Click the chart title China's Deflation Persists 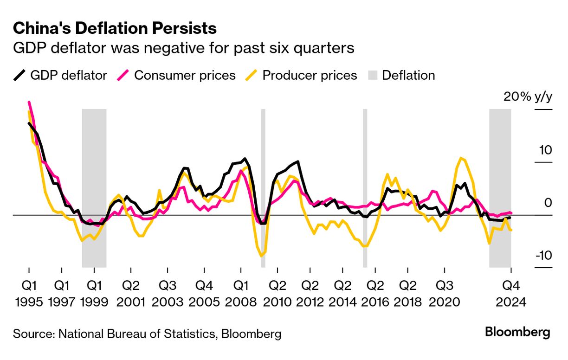click(x=115, y=29)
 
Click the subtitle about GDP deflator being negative click(x=184, y=48)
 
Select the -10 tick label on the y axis click(x=542, y=256)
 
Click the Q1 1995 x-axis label click(x=29, y=293)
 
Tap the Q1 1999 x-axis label click(x=94, y=293)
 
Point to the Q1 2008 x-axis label click(x=240, y=293)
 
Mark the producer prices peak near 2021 click(x=460, y=158)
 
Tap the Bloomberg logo click(x=517, y=332)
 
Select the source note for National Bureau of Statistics click(x=147, y=334)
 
